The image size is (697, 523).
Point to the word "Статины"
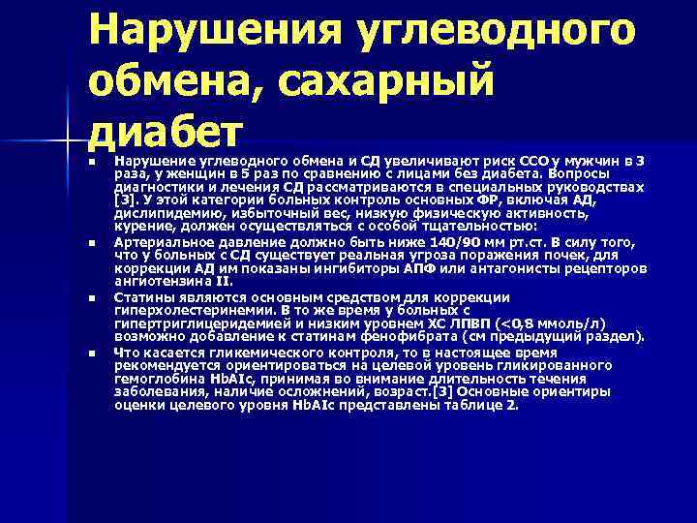pyautogui.click(x=143, y=296)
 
